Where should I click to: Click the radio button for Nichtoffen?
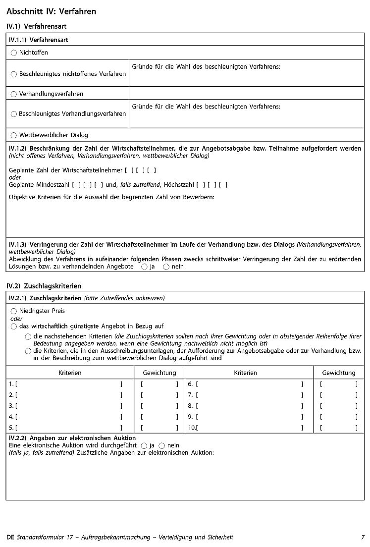pyautogui.click(x=14, y=53)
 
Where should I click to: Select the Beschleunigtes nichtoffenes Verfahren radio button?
pyautogui.click(x=14, y=74)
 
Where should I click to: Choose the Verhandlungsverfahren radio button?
pyautogui.click(x=14, y=94)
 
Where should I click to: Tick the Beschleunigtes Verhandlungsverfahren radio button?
pyautogui.click(x=14, y=114)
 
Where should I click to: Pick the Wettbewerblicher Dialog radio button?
pyautogui.click(x=14, y=135)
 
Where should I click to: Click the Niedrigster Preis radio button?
pyautogui.click(x=14, y=311)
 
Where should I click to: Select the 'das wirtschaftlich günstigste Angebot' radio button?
pyautogui.click(x=14, y=327)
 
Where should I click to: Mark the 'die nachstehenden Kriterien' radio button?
pyautogui.click(x=28, y=336)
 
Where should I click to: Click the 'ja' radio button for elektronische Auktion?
pyautogui.click(x=144, y=445)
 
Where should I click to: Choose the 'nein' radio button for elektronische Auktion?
pyautogui.click(x=161, y=445)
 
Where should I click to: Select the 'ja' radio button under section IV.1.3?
pyautogui.click(x=144, y=267)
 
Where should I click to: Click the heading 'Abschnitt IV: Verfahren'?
pyautogui.click(x=52, y=11)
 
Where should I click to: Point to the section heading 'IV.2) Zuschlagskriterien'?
pyautogui.click(x=44, y=286)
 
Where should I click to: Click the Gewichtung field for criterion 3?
pyautogui.click(x=159, y=406)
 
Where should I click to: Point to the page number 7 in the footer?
pyautogui.click(x=363, y=537)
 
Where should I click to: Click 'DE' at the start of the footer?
pyautogui.click(x=10, y=537)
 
